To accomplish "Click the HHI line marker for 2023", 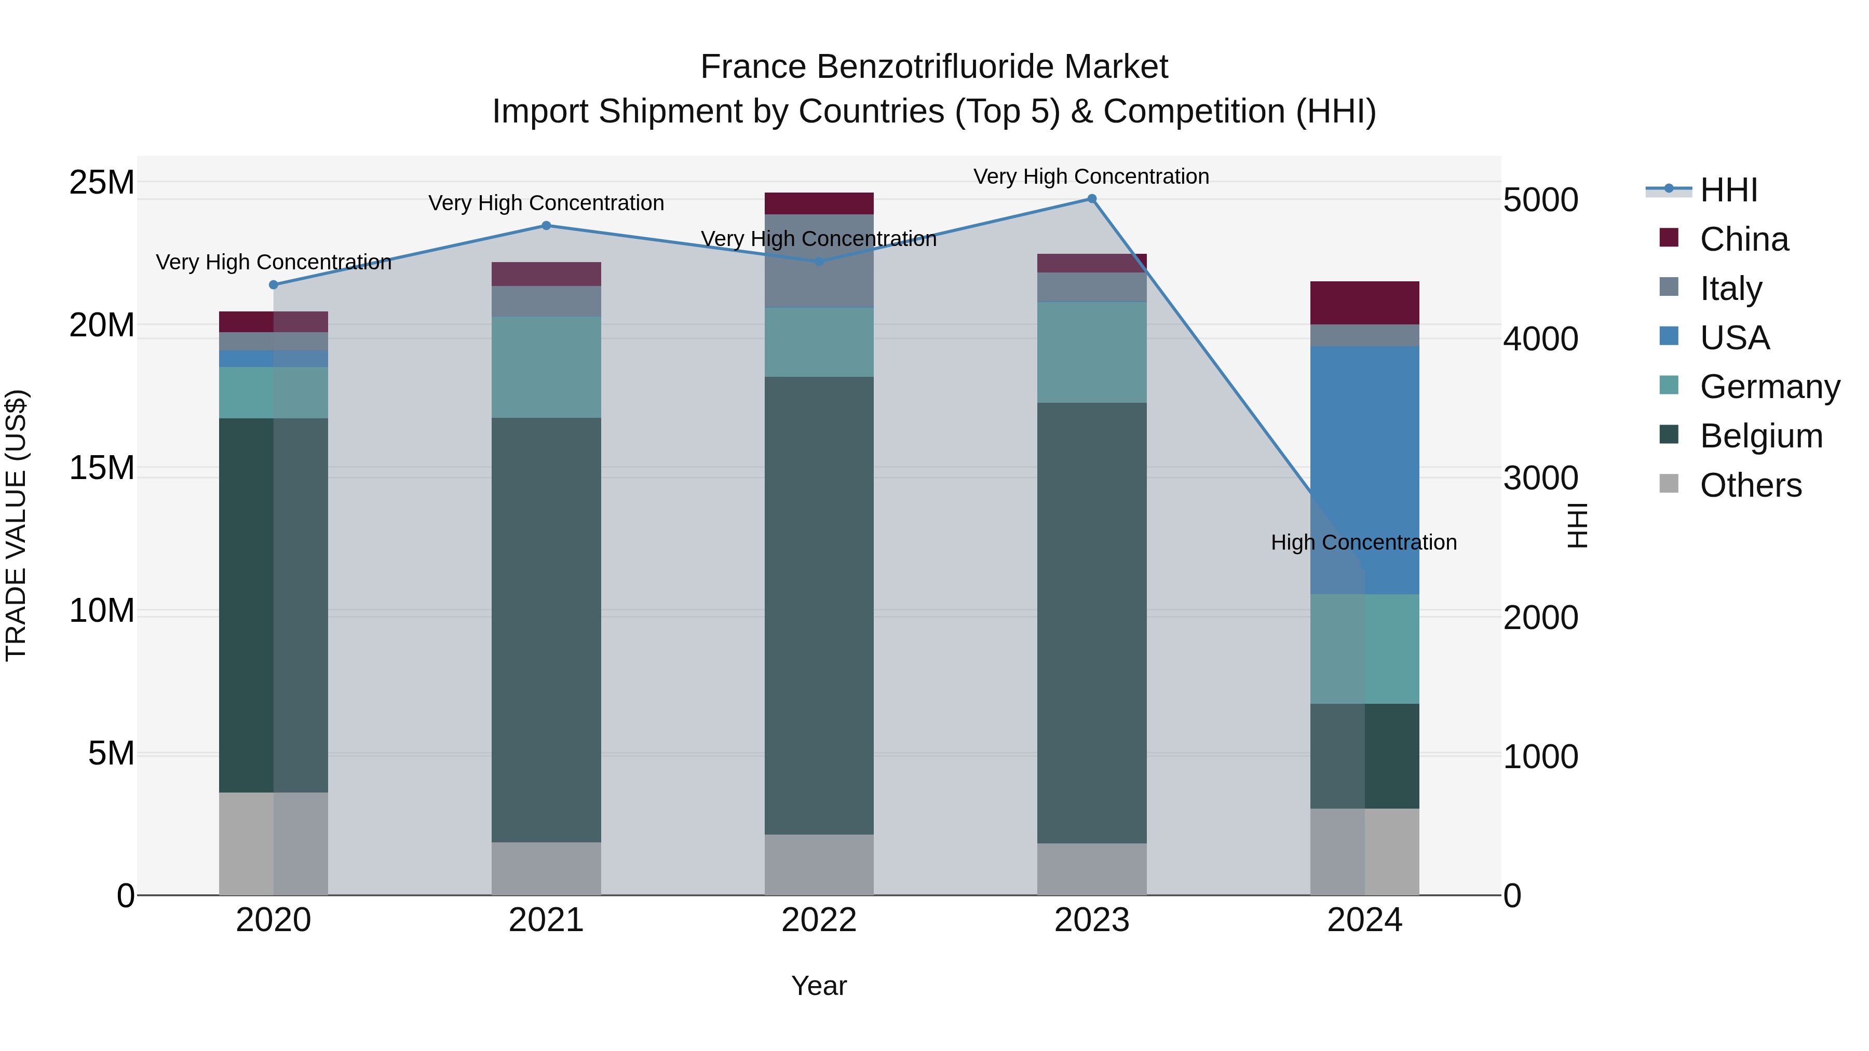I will [x=1091, y=199].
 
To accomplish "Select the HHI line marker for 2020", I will [x=274, y=285].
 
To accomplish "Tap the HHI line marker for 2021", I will [x=546, y=226].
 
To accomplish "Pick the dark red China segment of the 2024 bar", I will [x=1364, y=303].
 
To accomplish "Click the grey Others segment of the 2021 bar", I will [x=546, y=868].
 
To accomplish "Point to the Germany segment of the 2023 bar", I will [x=1091, y=352].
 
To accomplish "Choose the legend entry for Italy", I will [x=1730, y=289].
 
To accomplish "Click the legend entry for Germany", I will [x=1769, y=387].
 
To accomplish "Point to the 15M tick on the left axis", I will [x=102, y=468].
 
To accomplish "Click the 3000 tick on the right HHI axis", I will [x=1540, y=479].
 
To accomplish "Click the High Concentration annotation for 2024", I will [x=1363, y=542].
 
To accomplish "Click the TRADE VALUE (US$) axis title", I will [x=16, y=525].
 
